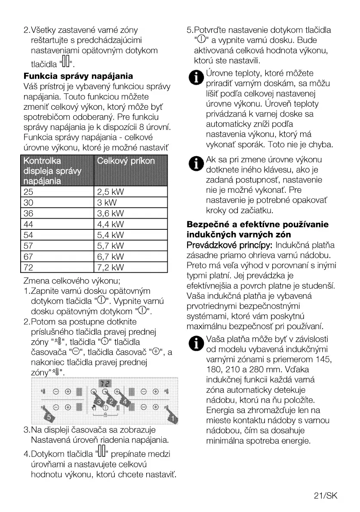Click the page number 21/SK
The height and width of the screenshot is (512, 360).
tap(326, 495)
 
